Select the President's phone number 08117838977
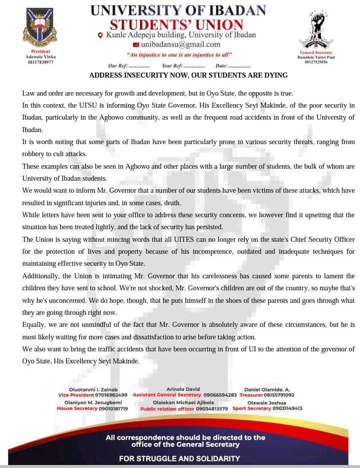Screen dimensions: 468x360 pos(40,62)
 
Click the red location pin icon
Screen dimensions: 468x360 pos(100,35)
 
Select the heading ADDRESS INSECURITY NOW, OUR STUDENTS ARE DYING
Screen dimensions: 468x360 pos(188,75)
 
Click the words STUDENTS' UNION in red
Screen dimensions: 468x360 pos(176,24)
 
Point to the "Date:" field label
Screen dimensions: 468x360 pos(221,66)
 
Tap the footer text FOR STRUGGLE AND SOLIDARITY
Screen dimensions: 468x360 pos(179,458)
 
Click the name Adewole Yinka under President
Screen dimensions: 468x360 pos(40,57)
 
